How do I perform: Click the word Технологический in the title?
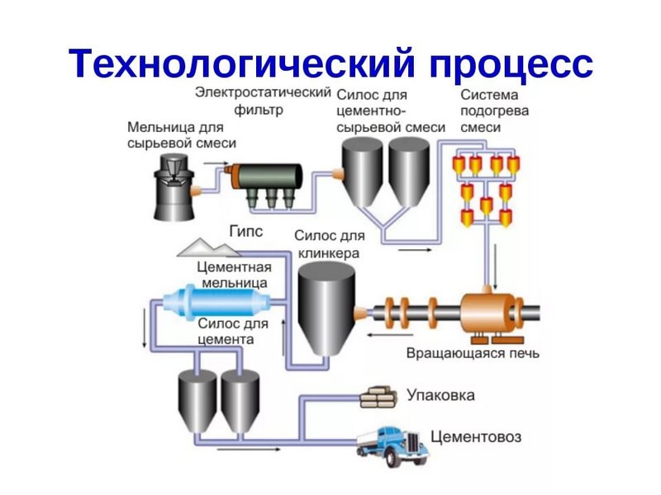(240, 62)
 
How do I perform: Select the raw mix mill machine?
(172, 186)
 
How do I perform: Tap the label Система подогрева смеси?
(496, 111)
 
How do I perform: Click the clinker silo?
(326, 310)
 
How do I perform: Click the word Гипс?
(245, 232)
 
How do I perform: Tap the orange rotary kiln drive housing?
(487, 313)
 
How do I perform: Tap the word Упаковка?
(440, 395)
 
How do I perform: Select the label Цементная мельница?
(235, 274)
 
